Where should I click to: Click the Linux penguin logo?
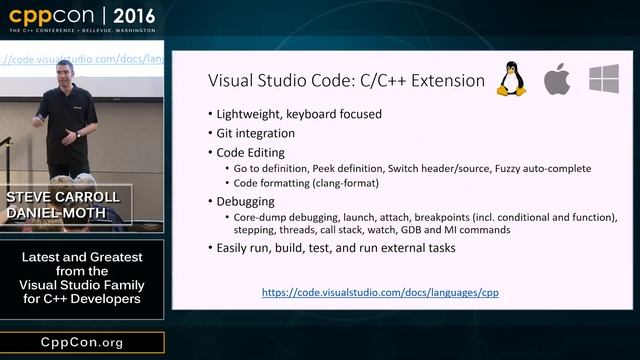coord(511,78)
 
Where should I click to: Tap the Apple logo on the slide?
coord(557,79)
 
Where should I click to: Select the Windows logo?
coord(604,79)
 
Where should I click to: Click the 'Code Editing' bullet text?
coord(251,152)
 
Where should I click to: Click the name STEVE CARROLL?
coord(64,196)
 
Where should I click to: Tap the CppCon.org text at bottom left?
coord(81,342)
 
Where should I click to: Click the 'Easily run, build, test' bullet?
coord(336,247)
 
